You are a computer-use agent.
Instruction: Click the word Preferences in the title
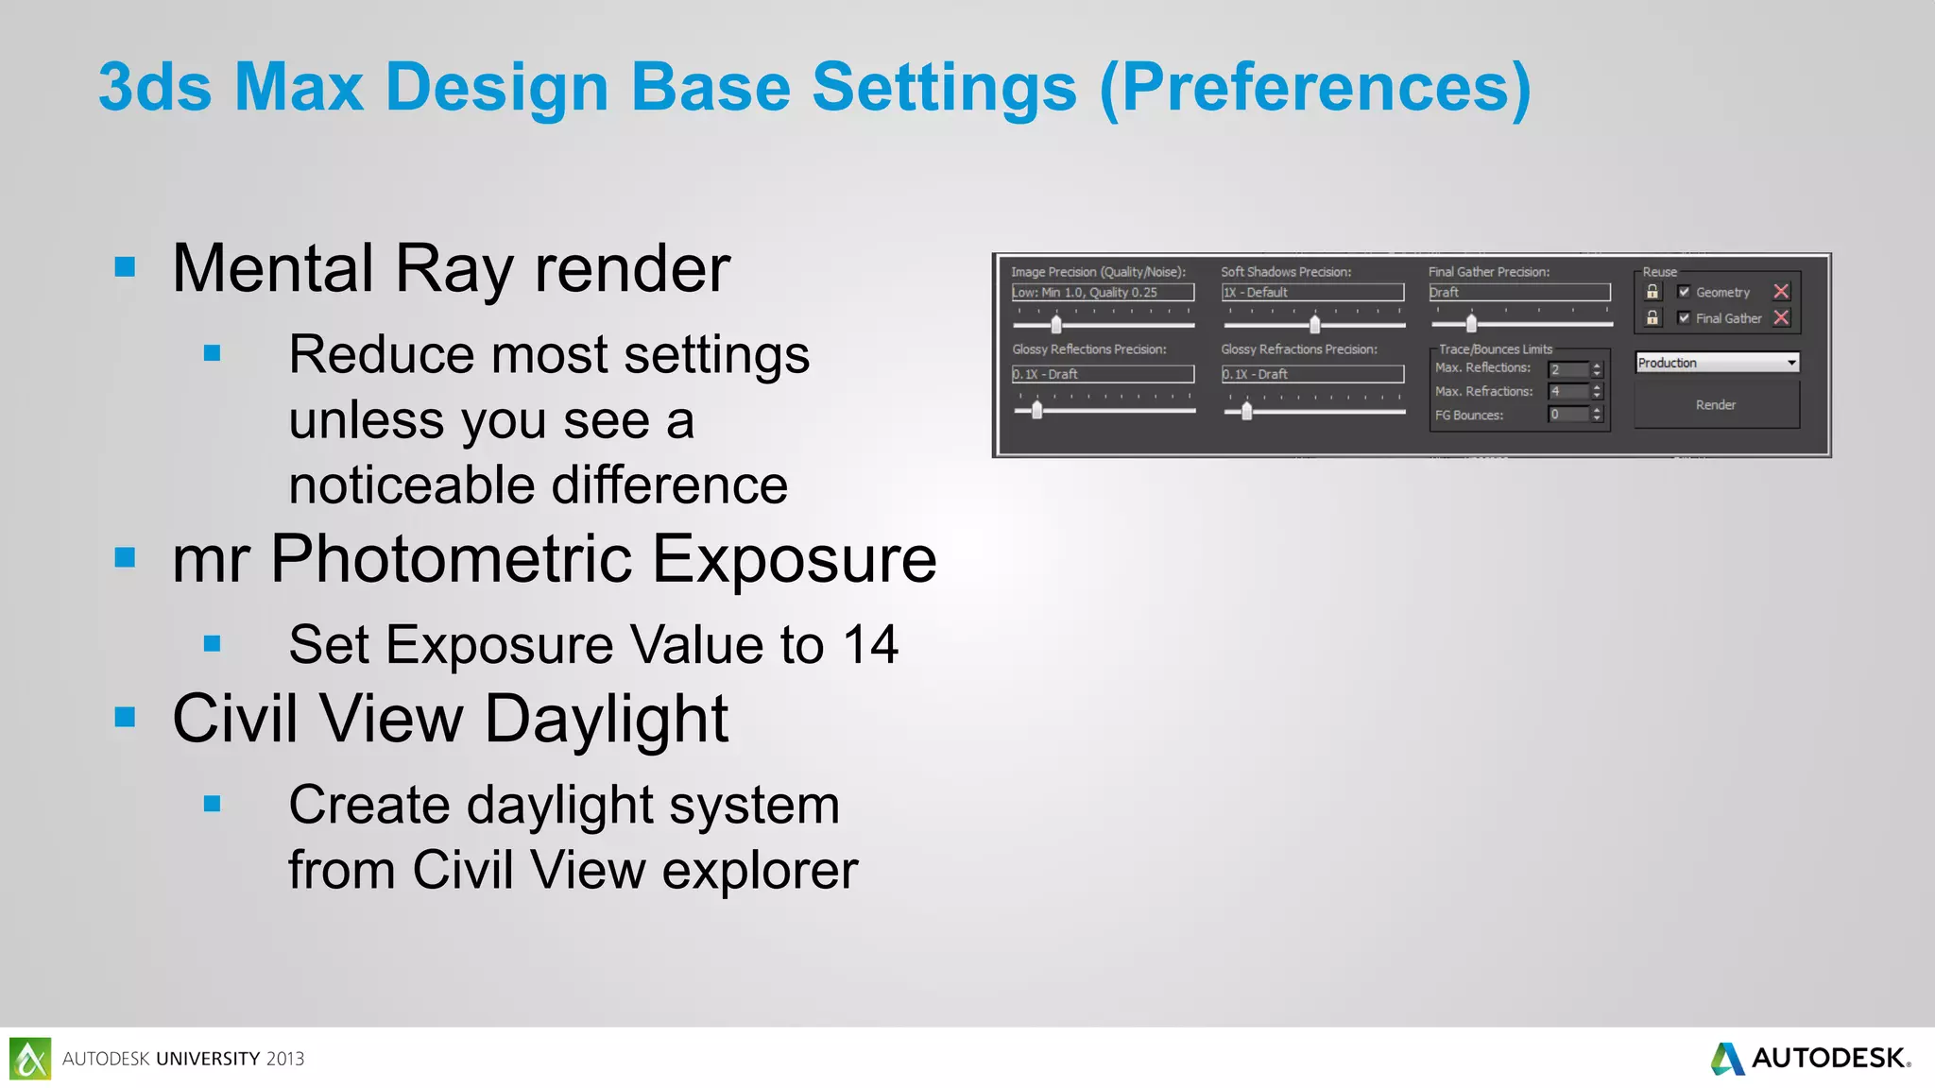1315,87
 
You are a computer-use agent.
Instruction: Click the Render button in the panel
1716,405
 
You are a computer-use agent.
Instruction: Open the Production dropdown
1791,363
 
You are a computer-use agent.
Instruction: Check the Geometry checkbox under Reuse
1684,292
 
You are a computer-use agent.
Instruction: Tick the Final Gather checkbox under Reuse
1684,318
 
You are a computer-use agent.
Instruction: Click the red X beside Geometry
1781,292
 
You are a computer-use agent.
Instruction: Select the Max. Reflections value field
1568,369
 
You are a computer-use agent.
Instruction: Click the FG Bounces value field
1568,415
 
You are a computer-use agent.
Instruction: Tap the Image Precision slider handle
1056,325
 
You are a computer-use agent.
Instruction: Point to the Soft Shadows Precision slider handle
1314,325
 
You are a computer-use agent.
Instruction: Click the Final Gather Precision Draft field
1519,293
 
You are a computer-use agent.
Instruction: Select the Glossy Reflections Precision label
1089,349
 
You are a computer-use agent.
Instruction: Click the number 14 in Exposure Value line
870,645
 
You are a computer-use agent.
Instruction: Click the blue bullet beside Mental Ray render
125,267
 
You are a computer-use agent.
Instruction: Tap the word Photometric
451,559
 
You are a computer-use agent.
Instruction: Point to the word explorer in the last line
760,870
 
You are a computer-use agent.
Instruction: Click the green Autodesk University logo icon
30,1059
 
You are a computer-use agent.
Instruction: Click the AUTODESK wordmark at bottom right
1828,1058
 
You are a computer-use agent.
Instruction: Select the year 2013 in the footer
285,1059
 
